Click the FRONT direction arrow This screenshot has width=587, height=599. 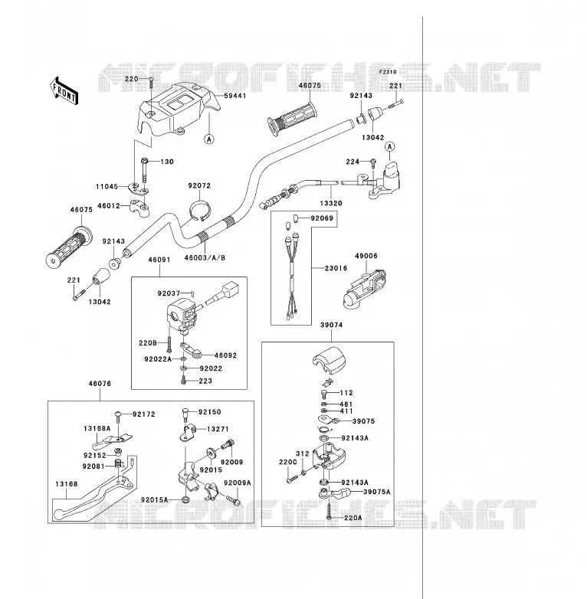64,90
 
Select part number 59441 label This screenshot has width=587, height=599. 234,96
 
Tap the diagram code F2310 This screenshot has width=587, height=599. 388,72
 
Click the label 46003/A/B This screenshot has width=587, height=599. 205,258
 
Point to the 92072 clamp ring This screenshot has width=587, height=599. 200,209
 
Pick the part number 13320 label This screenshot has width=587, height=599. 331,203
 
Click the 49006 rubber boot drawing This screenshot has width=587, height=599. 365,290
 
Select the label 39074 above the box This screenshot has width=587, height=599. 331,325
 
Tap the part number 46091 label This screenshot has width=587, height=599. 159,260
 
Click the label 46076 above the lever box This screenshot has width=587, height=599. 100,384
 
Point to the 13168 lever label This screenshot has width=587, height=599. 67,484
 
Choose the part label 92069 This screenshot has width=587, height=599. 322,218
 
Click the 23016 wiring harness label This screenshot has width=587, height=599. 336,268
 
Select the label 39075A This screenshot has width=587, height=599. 377,492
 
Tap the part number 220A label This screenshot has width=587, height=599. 353,518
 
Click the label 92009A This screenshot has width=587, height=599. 238,483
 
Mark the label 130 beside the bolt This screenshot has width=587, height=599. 167,162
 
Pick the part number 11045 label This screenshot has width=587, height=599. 107,186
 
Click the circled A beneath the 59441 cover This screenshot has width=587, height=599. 209,139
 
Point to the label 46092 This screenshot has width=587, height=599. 225,355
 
